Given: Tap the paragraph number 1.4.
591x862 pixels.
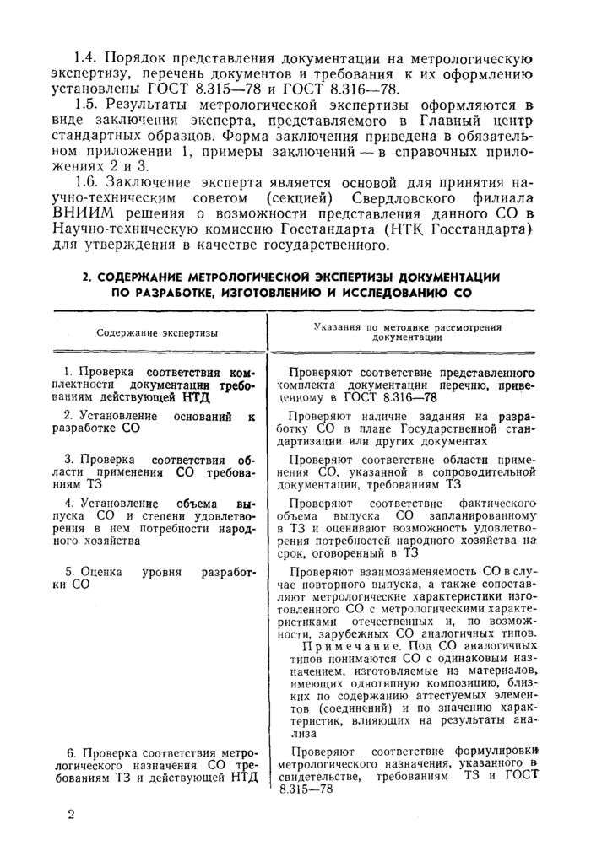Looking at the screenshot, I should [88, 58].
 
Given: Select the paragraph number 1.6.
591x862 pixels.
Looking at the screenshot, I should [88, 183].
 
